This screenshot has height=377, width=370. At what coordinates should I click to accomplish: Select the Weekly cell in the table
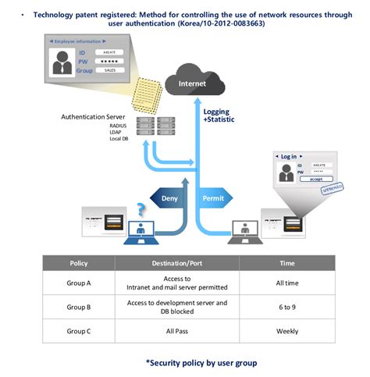[287, 330]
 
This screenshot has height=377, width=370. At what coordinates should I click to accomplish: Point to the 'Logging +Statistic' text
[222, 116]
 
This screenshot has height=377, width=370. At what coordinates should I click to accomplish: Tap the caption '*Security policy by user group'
[201, 363]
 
